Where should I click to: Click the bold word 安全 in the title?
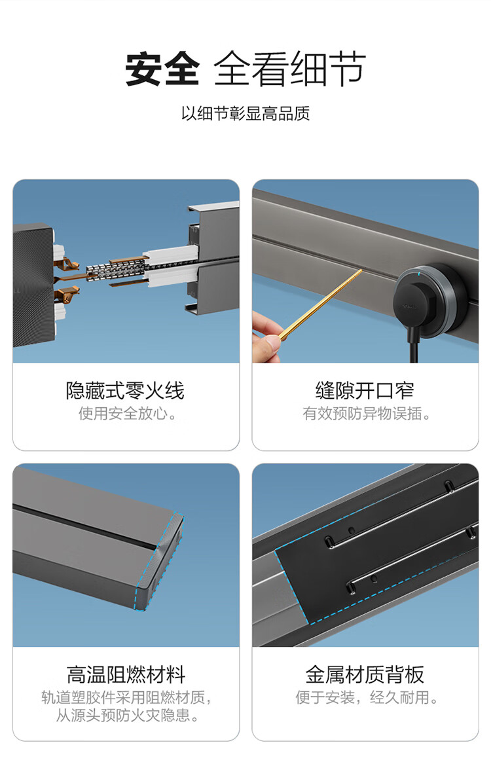pos(162,69)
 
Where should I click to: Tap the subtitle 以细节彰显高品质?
pos(245,113)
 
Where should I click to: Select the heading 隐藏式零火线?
pos(126,391)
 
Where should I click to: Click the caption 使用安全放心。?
pos(128,414)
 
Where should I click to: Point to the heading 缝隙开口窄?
pos(365,391)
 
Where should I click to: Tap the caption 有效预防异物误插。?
pos(366,414)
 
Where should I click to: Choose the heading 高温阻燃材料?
pos(126,674)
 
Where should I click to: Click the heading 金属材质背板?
pos(365,674)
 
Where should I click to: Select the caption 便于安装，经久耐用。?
pos(367,697)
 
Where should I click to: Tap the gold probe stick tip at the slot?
pos(361,271)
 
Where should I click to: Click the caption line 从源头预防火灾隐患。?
pos(128,716)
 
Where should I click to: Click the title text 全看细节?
pos(290,69)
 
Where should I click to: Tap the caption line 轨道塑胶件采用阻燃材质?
pos(127,697)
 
